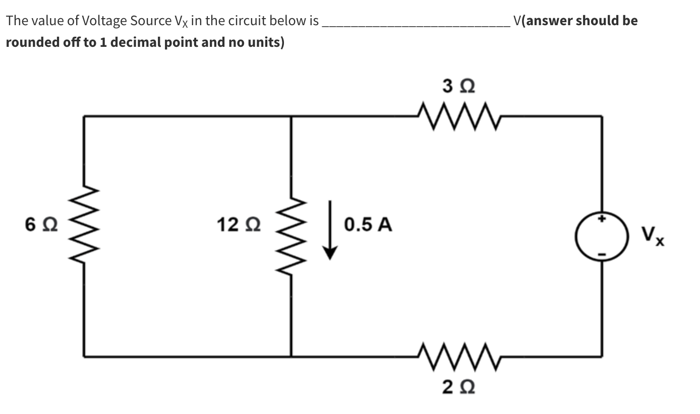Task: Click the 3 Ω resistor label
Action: (x=457, y=86)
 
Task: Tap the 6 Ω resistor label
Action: (x=41, y=225)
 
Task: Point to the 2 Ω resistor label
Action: (x=457, y=388)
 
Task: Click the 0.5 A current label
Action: (x=368, y=225)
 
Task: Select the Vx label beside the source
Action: (x=653, y=236)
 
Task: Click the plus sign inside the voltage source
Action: (x=601, y=219)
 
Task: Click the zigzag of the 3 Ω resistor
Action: (x=457, y=116)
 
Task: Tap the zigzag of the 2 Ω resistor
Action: (x=457, y=356)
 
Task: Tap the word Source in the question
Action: (x=147, y=21)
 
